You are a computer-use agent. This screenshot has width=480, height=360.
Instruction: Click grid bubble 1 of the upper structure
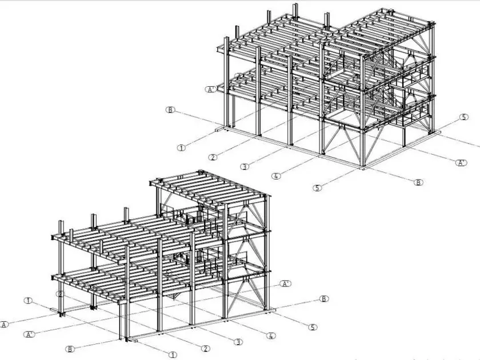click(x=181, y=147)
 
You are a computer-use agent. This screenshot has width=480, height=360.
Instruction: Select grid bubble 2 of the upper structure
click(x=213, y=157)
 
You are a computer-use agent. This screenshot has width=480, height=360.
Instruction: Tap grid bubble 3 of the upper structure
click(x=244, y=167)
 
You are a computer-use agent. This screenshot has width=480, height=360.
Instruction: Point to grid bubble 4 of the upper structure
click(x=277, y=176)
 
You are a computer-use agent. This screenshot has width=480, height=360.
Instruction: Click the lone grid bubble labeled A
click(x=5, y=324)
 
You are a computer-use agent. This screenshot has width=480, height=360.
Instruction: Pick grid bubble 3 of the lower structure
click(x=238, y=342)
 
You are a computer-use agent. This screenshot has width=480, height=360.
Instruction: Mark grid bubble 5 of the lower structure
click(x=313, y=327)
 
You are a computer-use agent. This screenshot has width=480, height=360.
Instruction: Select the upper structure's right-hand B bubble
click(x=419, y=182)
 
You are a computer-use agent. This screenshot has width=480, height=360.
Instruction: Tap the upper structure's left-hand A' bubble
click(x=211, y=89)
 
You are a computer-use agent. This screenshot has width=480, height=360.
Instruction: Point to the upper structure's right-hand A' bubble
click(x=461, y=163)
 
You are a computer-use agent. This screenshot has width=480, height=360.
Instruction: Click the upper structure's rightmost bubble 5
click(x=464, y=118)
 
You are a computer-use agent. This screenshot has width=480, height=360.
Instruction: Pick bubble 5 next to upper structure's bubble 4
click(x=318, y=187)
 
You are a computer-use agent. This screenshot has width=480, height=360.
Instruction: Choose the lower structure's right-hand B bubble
click(x=324, y=299)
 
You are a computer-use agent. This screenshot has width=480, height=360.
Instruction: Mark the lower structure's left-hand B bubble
click(x=70, y=349)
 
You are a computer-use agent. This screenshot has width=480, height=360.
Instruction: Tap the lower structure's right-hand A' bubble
click(x=285, y=283)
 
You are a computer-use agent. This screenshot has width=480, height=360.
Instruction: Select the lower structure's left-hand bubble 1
click(x=28, y=300)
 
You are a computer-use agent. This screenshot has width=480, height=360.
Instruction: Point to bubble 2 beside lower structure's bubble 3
click(x=205, y=349)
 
